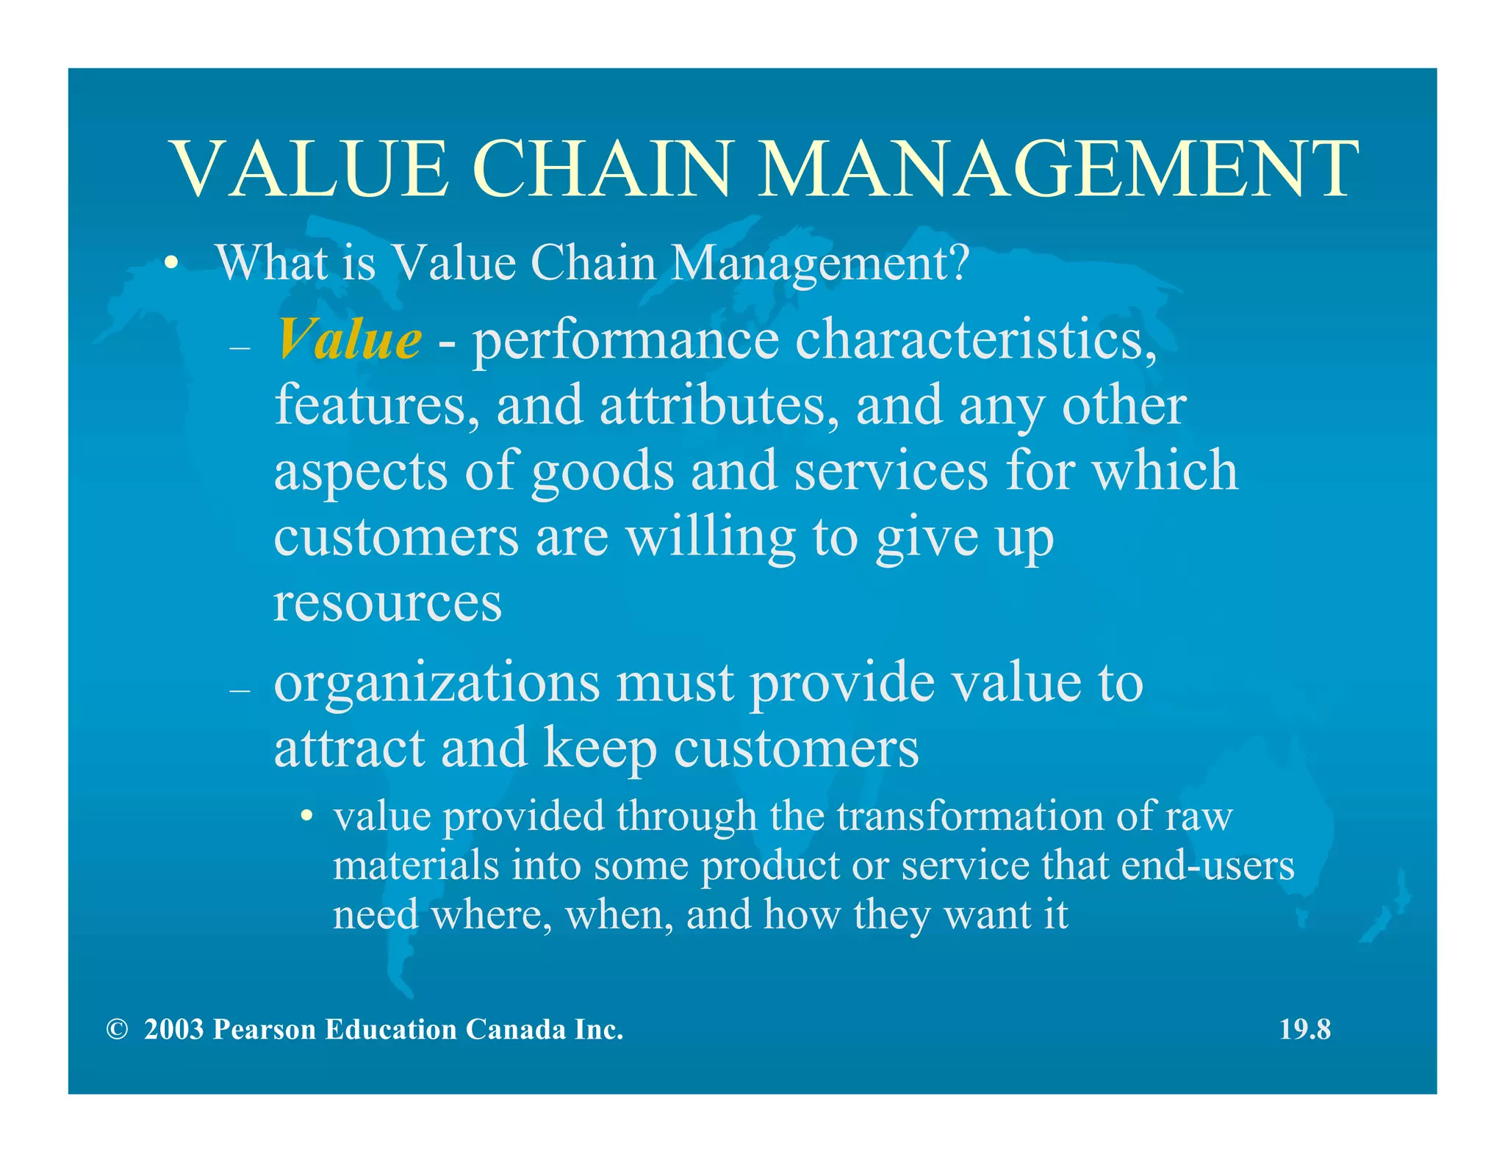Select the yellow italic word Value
[x=349, y=339]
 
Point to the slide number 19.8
[x=1304, y=1029]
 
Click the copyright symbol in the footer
[x=116, y=1030]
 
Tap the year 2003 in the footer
[x=173, y=1030]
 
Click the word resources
[x=387, y=602]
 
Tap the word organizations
[x=437, y=683]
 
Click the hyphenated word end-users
[x=1207, y=865]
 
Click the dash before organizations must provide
[x=240, y=690]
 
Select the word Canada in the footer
[x=515, y=1030]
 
